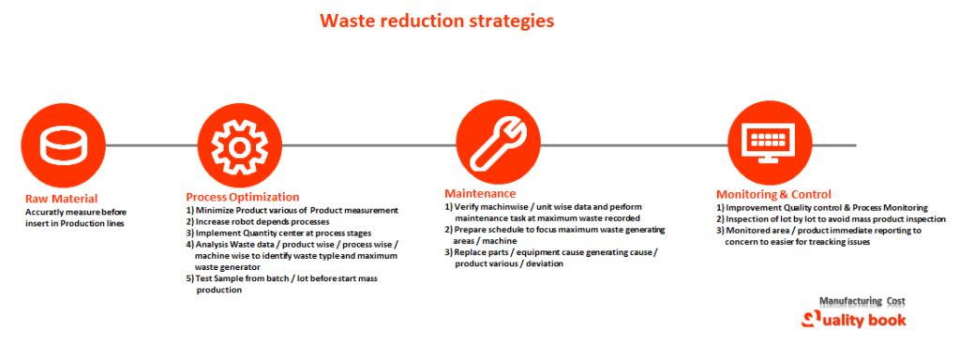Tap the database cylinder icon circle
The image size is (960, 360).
tap(58, 145)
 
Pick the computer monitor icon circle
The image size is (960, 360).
tap(768, 145)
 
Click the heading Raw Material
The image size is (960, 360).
tap(60, 199)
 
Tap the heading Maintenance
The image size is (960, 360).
tap(483, 193)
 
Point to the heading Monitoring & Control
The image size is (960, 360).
tap(773, 194)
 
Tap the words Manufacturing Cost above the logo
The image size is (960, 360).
tap(862, 301)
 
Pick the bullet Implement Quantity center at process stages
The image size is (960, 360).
tap(278, 232)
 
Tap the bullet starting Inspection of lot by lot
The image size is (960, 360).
tap(831, 218)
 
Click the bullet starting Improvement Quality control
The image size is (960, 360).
tap(821, 207)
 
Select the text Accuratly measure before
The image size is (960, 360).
tap(75, 212)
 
